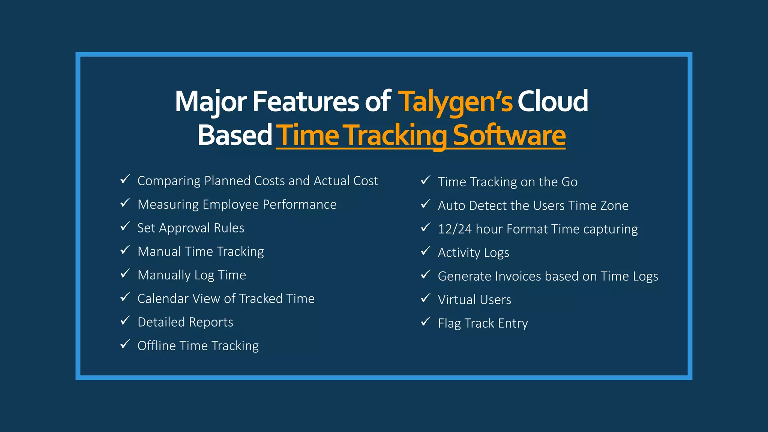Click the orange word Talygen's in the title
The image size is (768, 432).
[455, 102]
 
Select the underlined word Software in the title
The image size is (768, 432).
[509, 135]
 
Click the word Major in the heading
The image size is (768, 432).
[211, 102]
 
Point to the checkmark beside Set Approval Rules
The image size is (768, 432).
[125, 226]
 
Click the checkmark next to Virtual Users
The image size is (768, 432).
[425, 298]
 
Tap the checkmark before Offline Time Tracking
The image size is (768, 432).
[125, 344]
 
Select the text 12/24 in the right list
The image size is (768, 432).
[454, 229]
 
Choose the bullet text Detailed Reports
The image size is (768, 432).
[185, 322]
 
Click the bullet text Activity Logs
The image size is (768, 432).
[473, 253]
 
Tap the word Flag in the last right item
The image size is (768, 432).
[449, 323]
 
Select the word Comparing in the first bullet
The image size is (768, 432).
[169, 181]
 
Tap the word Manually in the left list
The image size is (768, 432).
[164, 275]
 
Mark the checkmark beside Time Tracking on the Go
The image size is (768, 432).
[425, 180]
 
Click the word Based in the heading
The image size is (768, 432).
[235, 135]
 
